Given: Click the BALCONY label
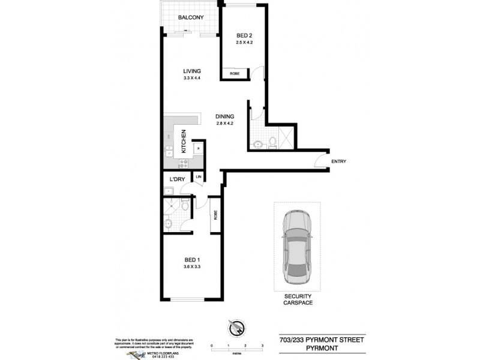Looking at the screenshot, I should tap(191, 18).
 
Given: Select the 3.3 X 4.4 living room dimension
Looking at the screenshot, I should tap(192, 79).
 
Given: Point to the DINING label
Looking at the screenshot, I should tap(225, 116).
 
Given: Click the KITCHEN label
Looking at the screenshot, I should tap(184, 143).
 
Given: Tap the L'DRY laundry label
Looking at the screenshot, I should tap(176, 179).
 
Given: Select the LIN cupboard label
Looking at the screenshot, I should tap(198, 176).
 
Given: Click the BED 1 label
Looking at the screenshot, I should tap(191, 259).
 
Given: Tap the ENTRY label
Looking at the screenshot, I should tap(338, 161).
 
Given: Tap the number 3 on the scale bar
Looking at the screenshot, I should tap(263, 347).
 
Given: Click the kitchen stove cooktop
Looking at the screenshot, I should tap(183, 161).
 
